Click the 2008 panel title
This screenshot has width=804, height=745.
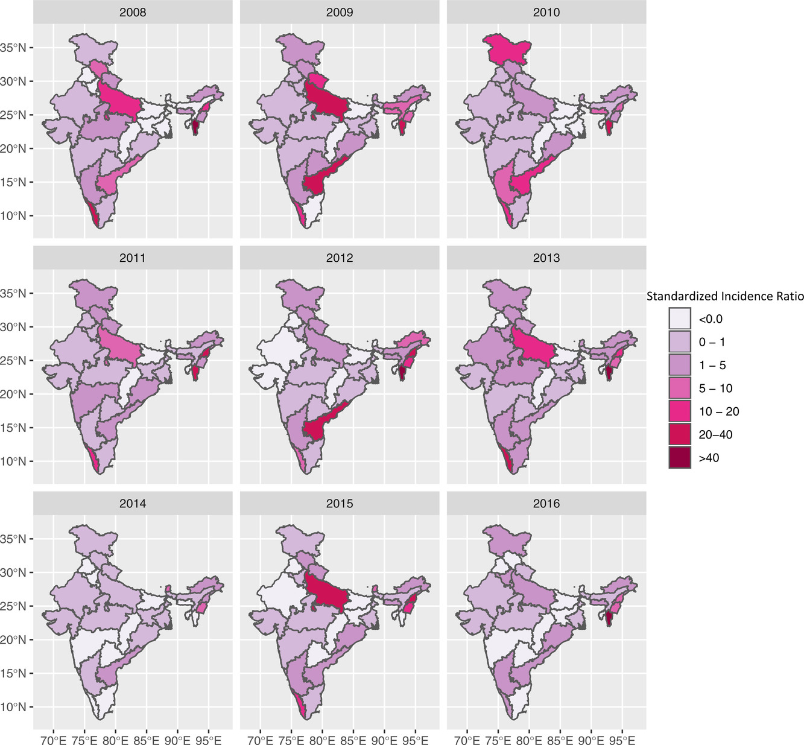[x=133, y=12]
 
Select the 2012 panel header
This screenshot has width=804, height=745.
[x=340, y=258]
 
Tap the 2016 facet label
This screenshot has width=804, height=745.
[x=546, y=503]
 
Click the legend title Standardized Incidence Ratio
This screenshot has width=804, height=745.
[x=724, y=296]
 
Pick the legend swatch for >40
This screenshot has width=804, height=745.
[x=679, y=458]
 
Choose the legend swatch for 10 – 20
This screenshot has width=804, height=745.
[x=679, y=411]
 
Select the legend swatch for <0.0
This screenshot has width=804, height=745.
[x=679, y=319]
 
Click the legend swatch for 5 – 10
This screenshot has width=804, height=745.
[x=679, y=388]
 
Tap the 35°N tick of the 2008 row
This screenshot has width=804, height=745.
[x=16, y=48]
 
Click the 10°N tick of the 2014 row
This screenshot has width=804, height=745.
[x=16, y=707]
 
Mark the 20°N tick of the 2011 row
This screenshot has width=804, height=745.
[x=16, y=395]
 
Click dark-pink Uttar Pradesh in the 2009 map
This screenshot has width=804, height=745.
[x=326, y=103]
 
